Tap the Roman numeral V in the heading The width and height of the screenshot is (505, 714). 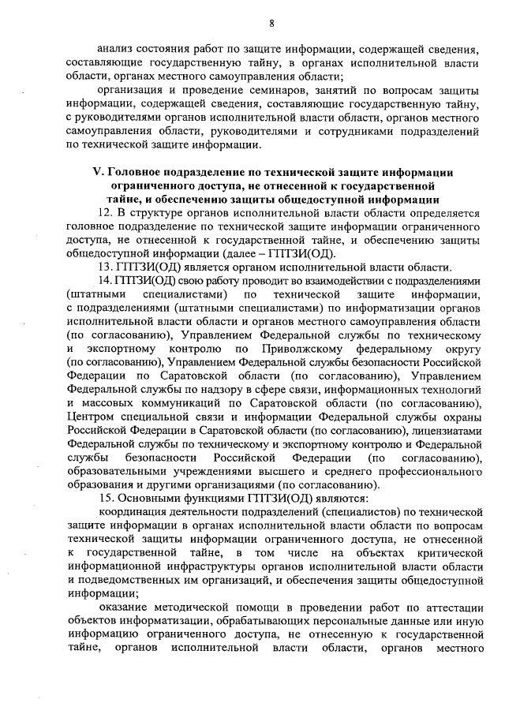point(97,172)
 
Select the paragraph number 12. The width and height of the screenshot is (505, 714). point(104,214)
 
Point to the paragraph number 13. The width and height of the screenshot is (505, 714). point(104,267)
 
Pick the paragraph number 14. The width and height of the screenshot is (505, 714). point(104,281)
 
